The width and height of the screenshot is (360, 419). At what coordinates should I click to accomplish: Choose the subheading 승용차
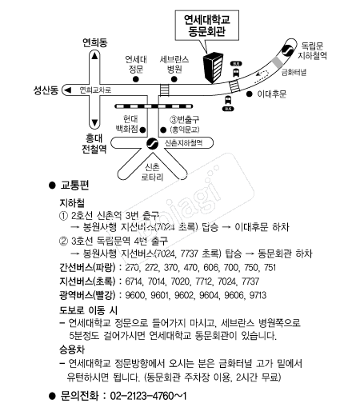[x=72, y=350]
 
